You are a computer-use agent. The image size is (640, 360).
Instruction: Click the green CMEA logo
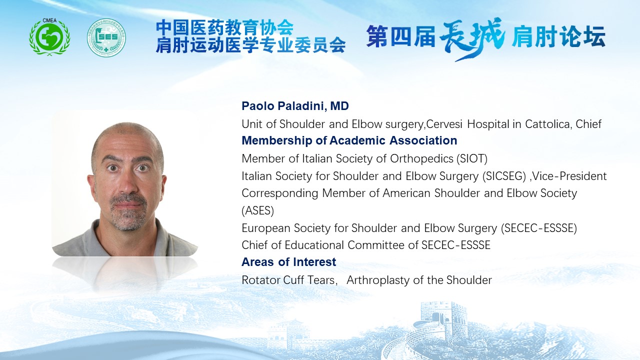[49, 37]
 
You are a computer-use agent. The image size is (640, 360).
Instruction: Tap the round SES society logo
[106, 37]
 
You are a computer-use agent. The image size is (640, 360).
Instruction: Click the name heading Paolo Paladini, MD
[295, 106]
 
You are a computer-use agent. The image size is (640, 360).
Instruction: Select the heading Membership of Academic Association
[349, 140]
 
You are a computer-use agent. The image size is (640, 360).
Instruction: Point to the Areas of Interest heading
[289, 262]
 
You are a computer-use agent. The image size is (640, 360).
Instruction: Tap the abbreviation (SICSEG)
[504, 176]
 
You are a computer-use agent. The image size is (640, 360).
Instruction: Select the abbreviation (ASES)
[257, 210]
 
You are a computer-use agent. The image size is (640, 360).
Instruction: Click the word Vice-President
[569, 176]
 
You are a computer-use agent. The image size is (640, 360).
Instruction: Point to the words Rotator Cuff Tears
[288, 280]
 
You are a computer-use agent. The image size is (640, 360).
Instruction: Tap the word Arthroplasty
[377, 280]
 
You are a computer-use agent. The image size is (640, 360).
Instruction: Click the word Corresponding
[279, 193]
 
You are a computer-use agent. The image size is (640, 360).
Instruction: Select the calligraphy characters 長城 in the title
[472, 37]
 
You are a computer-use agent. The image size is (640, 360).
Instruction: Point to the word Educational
[314, 245]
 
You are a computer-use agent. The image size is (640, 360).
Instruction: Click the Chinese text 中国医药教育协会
[225, 27]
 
